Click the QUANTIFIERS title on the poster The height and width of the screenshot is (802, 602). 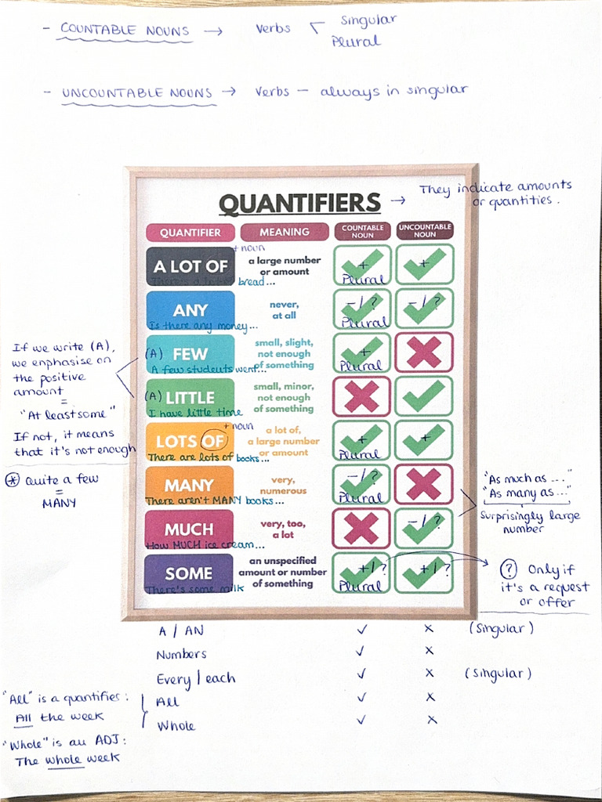tap(299, 204)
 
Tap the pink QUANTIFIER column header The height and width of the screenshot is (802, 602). tap(190, 233)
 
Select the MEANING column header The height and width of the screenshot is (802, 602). tap(285, 232)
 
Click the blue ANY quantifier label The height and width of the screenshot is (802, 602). tap(190, 310)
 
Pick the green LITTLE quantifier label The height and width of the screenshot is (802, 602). tap(190, 398)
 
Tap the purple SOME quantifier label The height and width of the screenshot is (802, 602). tap(190, 573)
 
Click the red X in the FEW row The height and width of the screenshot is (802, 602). tap(424, 352)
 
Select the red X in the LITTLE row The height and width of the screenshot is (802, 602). tap(361, 396)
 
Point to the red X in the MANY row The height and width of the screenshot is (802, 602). tap(424, 484)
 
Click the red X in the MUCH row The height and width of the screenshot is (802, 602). tap(361, 528)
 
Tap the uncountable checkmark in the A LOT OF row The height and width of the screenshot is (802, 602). tap(424, 265)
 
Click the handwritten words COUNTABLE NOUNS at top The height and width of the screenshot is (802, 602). tap(125, 31)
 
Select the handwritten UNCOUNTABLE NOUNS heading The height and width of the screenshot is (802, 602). tap(137, 93)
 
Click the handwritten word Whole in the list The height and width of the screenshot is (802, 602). tap(176, 726)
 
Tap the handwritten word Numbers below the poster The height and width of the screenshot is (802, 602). tap(181, 654)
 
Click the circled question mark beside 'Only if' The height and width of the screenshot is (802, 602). tap(509, 569)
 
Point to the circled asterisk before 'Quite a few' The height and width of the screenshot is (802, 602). tap(13, 479)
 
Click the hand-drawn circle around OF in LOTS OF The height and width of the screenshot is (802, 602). tap(212, 441)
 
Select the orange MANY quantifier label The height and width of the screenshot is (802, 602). tap(189, 486)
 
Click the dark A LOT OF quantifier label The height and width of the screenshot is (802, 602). tap(190, 266)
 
